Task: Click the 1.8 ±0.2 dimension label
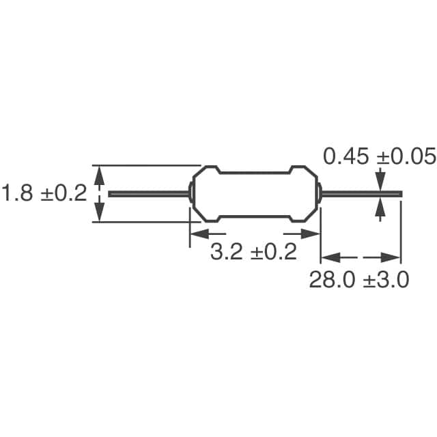44,193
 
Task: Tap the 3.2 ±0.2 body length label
253,252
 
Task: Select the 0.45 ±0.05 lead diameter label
380,156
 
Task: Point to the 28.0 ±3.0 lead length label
359,279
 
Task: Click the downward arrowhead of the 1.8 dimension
99,212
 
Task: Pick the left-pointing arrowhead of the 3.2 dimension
200,234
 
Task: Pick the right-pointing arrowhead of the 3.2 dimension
310,234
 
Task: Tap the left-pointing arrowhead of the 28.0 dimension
331,257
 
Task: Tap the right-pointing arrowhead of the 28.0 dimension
391,257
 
